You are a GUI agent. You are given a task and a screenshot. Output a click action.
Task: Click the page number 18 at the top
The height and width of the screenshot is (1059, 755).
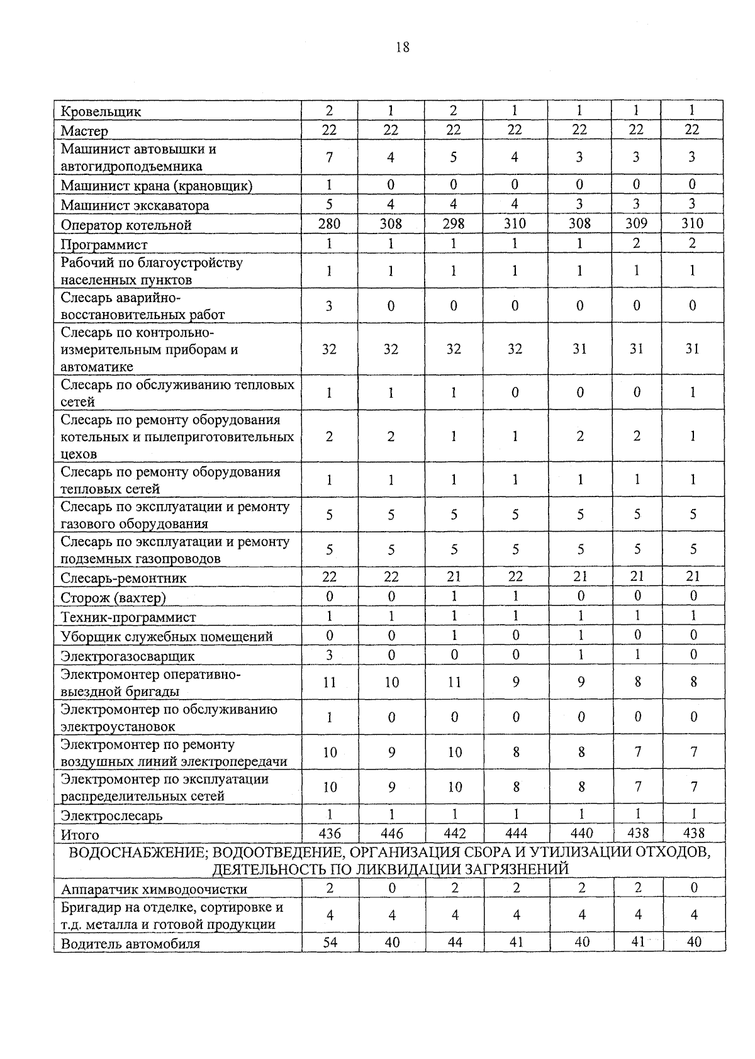(x=403, y=47)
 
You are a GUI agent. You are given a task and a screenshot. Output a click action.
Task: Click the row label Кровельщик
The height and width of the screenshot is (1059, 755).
(x=101, y=112)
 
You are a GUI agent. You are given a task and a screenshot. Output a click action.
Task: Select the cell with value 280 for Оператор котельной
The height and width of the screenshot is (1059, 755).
(x=329, y=223)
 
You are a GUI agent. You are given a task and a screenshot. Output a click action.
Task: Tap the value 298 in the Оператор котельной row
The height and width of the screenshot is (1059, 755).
(x=453, y=223)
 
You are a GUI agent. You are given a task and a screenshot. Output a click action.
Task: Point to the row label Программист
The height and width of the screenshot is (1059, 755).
(x=104, y=245)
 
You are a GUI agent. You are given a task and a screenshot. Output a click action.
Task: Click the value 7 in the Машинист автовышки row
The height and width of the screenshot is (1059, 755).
(x=329, y=157)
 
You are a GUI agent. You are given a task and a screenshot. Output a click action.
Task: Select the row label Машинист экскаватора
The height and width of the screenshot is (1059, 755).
(x=135, y=206)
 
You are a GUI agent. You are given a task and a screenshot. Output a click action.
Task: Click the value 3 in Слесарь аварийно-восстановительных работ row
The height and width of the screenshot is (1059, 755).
(x=329, y=306)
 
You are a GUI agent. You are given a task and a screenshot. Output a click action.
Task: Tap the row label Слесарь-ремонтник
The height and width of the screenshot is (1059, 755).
(x=123, y=578)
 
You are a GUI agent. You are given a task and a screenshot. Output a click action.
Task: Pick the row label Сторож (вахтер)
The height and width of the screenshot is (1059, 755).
(x=113, y=597)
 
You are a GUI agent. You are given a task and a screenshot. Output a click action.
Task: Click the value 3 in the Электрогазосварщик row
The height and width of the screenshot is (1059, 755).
(x=329, y=655)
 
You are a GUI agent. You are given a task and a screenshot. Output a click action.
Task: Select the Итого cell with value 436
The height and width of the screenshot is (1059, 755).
(x=330, y=834)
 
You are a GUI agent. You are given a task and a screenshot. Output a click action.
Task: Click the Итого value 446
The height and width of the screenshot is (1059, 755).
(x=391, y=834)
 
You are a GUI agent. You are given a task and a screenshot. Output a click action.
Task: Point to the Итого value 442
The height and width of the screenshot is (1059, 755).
(x=454, y=834)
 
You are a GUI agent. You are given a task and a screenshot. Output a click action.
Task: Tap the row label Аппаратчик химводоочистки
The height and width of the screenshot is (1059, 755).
(x=154, y=890)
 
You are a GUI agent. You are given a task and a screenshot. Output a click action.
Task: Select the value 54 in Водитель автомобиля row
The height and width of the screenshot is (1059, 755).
(x=330, y=943)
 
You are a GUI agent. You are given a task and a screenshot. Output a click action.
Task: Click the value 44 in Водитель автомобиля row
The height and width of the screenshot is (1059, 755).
(x=454, y=943)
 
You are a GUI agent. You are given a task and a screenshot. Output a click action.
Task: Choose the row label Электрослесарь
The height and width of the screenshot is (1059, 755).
(x=111, y=816)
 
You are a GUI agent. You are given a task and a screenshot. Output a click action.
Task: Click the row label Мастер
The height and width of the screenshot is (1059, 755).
(x=84, y=132)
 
